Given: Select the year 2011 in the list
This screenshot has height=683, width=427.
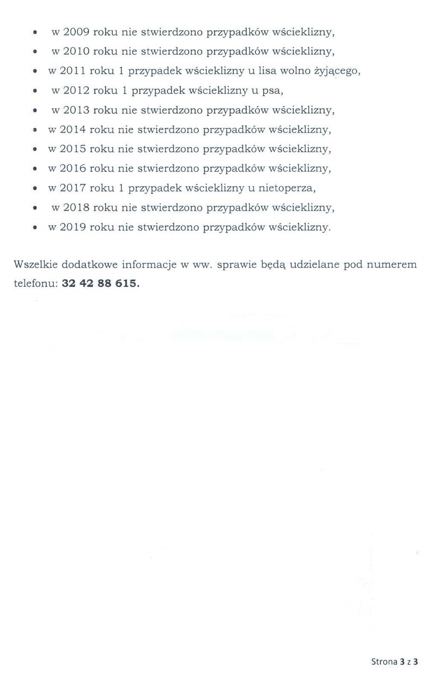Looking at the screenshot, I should click(x=72, y=71).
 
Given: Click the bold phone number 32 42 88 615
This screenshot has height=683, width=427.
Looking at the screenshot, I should click(x=101, y=283).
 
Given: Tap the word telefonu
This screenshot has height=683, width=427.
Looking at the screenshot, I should click(x=35, y=283).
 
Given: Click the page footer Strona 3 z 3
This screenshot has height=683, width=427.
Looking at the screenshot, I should click(x=395, y=662).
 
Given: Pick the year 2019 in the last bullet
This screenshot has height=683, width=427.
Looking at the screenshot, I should click(x=72, y=227).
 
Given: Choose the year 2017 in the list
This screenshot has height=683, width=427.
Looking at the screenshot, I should click(x=72, y=188).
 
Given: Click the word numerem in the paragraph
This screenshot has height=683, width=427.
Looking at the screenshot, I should click(x=391, y=265).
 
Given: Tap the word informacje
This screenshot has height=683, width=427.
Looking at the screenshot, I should click(x=149, y=265).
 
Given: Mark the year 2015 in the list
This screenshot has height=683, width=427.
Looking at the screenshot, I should click(x=72, y=149).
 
